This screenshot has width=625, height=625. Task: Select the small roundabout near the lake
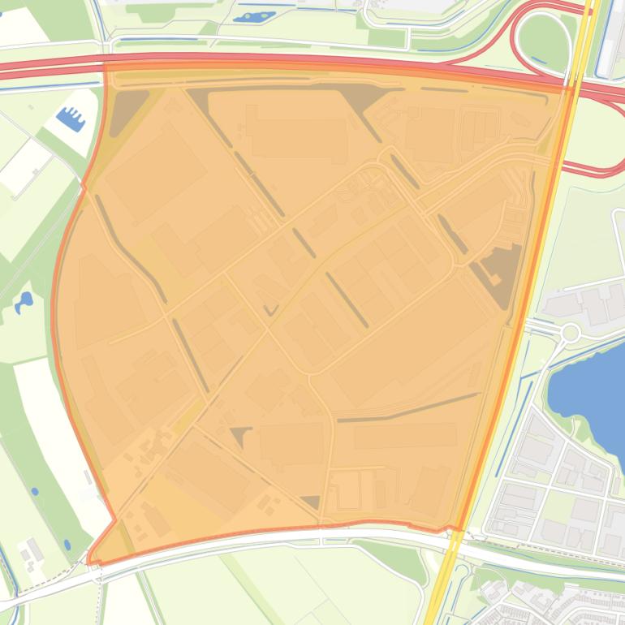pos(570,332)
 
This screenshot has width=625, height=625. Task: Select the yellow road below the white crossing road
pos(442,584)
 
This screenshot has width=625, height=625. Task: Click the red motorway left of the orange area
pos(49,70)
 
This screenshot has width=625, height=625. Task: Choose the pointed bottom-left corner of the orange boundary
pos(91,559)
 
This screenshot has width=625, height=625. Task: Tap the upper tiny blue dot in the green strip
pos(34,491)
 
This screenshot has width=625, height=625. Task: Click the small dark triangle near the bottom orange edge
pos(311,502)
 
